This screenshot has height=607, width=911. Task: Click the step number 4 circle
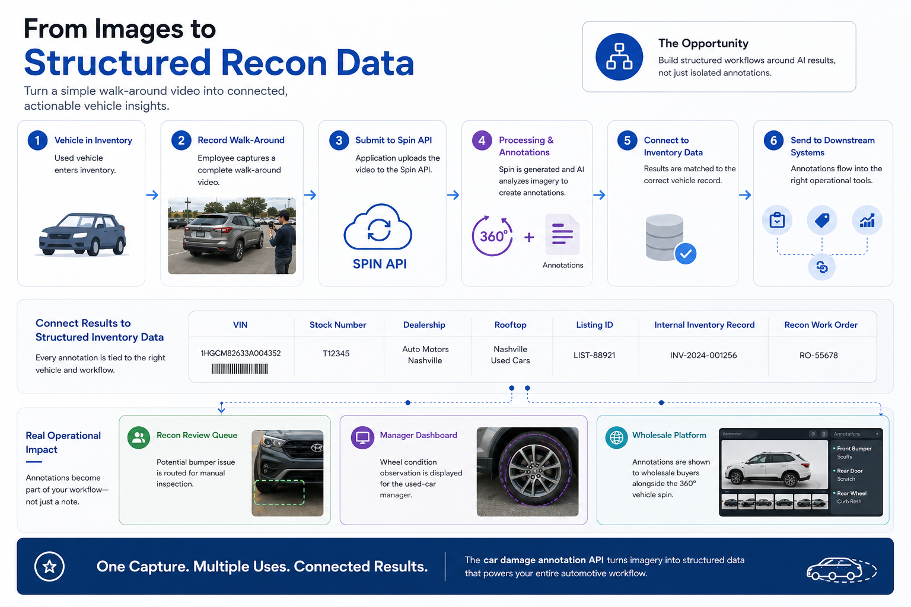point(482,140)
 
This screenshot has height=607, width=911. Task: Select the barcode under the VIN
point(240,369)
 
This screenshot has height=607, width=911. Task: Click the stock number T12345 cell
point(336,353)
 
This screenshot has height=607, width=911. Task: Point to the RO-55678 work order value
point(818,355)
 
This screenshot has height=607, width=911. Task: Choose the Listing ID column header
point(594,325)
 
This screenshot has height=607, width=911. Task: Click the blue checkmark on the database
point(686,254)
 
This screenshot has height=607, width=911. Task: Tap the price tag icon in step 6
point(822,221)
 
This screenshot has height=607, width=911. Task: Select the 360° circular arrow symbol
point(492,236)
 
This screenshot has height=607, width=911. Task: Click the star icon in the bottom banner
point(50,566)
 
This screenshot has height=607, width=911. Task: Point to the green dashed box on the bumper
point(279,493)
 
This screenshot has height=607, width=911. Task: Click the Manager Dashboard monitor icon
point(362,437)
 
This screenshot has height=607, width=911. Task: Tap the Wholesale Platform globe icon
point(617,437)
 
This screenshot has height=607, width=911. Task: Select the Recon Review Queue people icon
point(139,437)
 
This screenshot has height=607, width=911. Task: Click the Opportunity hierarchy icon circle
point(619,56)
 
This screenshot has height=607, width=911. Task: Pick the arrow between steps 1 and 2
point(152,195)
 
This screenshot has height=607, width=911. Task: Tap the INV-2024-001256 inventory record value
point(703,355)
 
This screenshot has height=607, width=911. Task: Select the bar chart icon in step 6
point(867,221)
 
